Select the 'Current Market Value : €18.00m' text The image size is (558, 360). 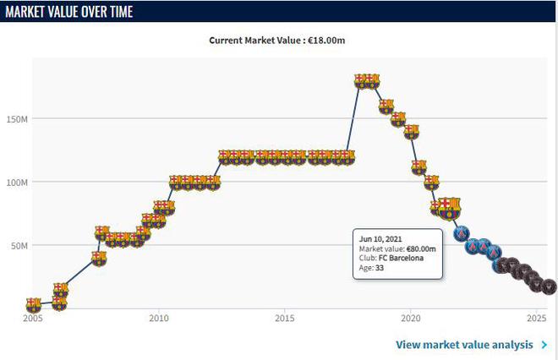280,39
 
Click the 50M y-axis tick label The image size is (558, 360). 19,246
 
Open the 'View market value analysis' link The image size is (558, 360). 464,345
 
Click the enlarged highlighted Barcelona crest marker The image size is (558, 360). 449,208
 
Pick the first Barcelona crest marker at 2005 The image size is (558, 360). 33,304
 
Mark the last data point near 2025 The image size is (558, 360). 549,287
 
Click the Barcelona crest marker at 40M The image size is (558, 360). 99,259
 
